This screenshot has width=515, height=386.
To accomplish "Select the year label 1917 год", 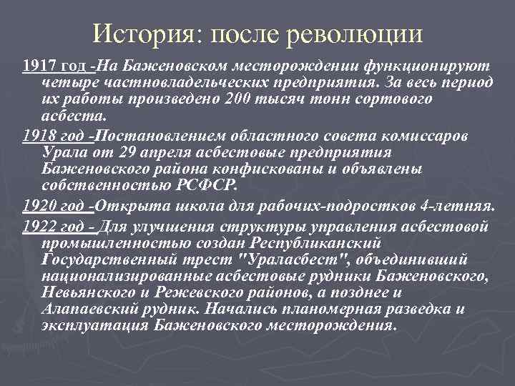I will coord(53,66).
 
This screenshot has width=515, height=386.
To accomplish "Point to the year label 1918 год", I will coord(53,137).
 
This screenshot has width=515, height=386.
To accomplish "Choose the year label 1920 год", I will coord(53,207).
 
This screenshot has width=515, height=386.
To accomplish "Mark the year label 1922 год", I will coord(53,227).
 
